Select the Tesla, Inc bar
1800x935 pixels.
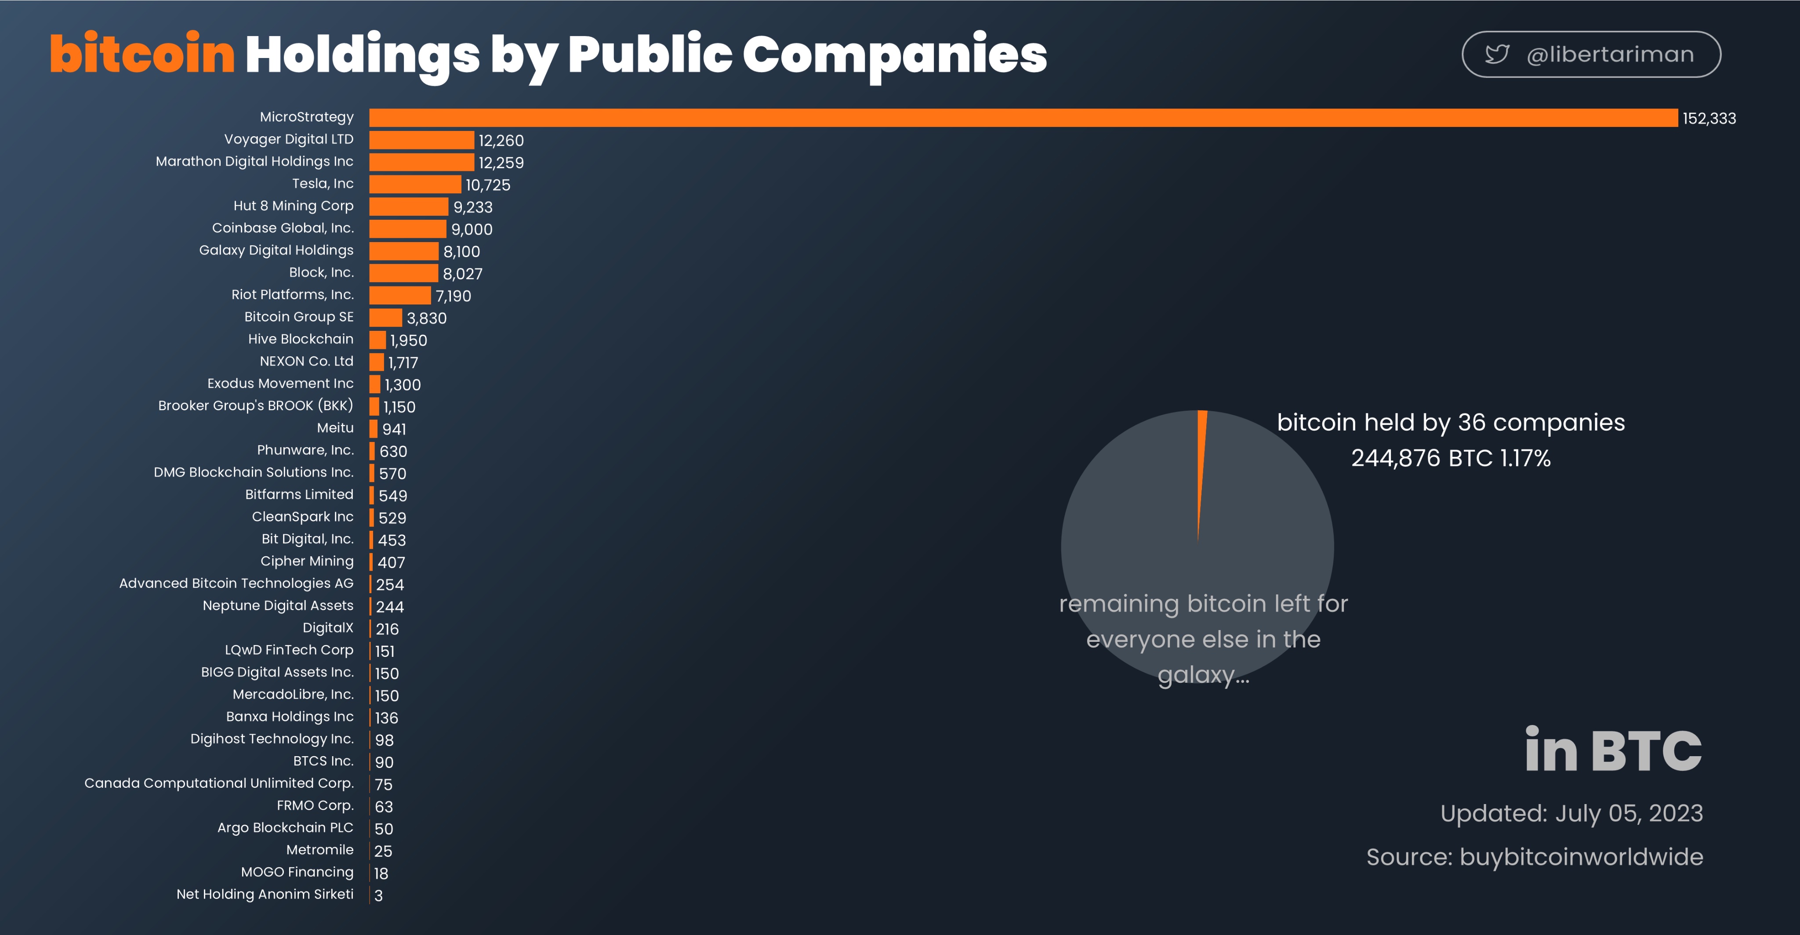pyautogui.click(x=415, y=185)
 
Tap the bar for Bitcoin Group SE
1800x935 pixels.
pyautogui.click(x=386, y=318)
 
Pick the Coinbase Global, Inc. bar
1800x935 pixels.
pyautogui.click(x=407, y=228)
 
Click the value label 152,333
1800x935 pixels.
pyautogui.click(x=1709, y=119)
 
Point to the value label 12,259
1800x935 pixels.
pyautogui.click(x=501, y=163)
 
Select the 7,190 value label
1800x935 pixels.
pyautogui.click(x=454, y=296)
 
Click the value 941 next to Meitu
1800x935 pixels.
pyautogui.click(x=394, y=429)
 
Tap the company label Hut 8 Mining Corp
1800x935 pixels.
pyautogui.click(x=294, y=206)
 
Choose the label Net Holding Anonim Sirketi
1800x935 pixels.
pyautogui.click(x=265, y=894)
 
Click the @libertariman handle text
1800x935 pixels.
pyautogui.click(x=1611, y=54)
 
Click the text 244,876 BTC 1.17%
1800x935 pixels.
pyautogui.click(x=1451, y=458)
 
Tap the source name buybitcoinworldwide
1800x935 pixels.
pyautogui.click(x=1581, y=857)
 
